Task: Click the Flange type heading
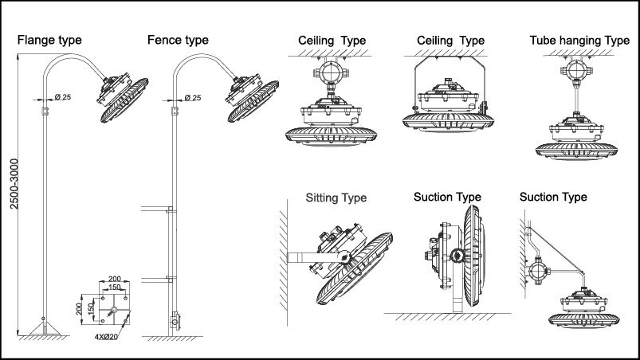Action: [x=49, y=41]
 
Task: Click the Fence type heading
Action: [x=178, y=41]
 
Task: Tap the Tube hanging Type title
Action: [x=579, y=41]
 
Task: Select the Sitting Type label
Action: [x=336, y=198]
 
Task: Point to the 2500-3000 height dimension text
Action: [x=14, y=183]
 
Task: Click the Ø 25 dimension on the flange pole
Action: [x=63, y=97]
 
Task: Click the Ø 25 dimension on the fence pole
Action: [x=193, y=98]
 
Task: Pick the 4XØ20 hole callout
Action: [x=106, y=337]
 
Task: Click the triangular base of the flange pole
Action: [x=44, y=328]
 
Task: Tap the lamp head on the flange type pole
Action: [x=123, y=97]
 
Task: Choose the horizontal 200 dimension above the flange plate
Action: [x=115, y=280]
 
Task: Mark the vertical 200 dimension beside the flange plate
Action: [x=80, y=308]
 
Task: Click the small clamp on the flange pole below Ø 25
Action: [x=45, y=111]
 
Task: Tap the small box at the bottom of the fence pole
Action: [x=175, y=320]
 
